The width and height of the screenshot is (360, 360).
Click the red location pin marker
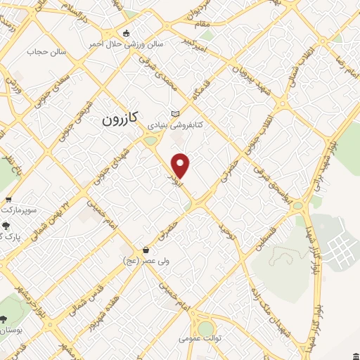click(181, 165)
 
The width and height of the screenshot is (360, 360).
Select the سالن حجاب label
click(46, 51)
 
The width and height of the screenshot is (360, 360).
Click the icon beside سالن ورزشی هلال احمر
click(126, 32)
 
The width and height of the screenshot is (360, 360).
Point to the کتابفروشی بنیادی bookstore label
click(175, 124)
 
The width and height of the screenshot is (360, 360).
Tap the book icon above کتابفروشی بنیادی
click(175, 114)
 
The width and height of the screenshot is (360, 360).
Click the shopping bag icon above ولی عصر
click(146, 250)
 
